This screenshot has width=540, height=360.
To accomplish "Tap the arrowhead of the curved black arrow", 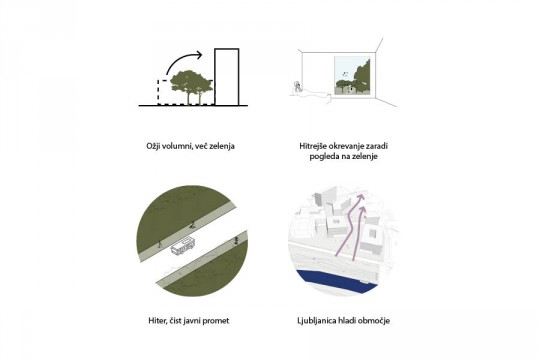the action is (198, 54).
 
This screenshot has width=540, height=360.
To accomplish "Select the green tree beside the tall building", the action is (191, 86).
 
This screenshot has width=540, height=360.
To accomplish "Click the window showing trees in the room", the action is (353, 76).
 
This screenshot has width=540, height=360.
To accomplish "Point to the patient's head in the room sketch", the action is (296, 85).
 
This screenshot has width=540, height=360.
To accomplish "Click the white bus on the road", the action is (183, 246).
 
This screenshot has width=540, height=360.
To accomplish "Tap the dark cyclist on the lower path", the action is (236, 240).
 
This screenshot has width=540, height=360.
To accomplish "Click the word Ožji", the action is (152, 146).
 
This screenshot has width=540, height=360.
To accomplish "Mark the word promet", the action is (216, 321).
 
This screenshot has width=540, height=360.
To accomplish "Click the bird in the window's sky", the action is (345, 74).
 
